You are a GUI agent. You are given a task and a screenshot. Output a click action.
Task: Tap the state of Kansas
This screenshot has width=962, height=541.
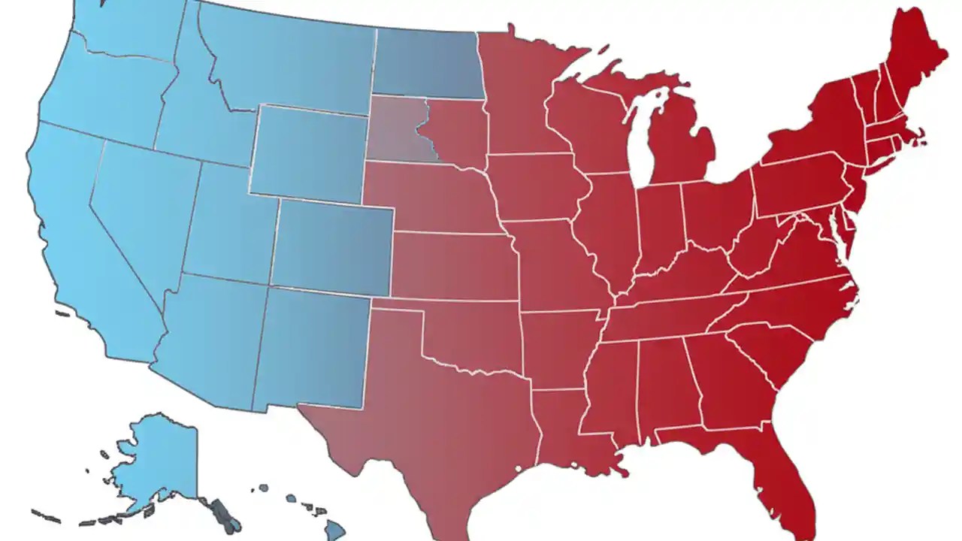(x=451, y=267)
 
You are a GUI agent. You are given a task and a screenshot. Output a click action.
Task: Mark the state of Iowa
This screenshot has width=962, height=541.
(x=534, y=188)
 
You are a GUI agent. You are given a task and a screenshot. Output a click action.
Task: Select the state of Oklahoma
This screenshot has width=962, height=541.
(x=473, y=334)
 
